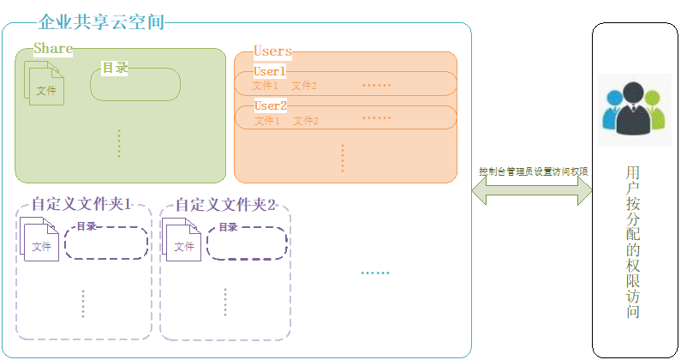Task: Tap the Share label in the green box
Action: [53, 49]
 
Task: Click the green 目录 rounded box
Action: [135, 84]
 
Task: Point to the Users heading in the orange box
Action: [272, 51]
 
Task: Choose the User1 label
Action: [269, 72]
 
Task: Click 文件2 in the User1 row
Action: [304, 86]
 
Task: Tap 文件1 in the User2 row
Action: [266, 121]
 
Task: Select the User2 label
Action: [270, 106]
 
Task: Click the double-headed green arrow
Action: [532, 193]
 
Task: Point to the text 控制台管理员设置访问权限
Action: [533, 171]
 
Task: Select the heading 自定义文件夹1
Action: [81, 205]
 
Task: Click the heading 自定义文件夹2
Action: [225, 205]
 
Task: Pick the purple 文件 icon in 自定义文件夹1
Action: [40, 242]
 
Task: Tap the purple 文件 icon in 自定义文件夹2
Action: [182, 242]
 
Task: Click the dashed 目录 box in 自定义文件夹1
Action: [106, 243]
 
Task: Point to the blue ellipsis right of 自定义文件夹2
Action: [374, 273]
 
